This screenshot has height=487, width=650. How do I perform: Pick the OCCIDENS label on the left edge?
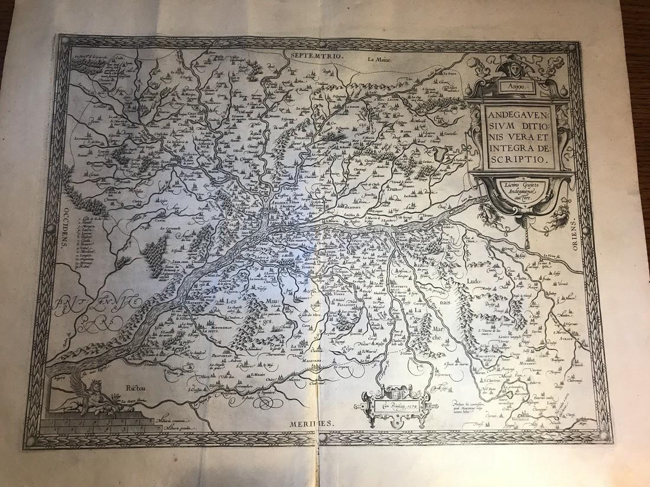[x=61, y=231]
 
